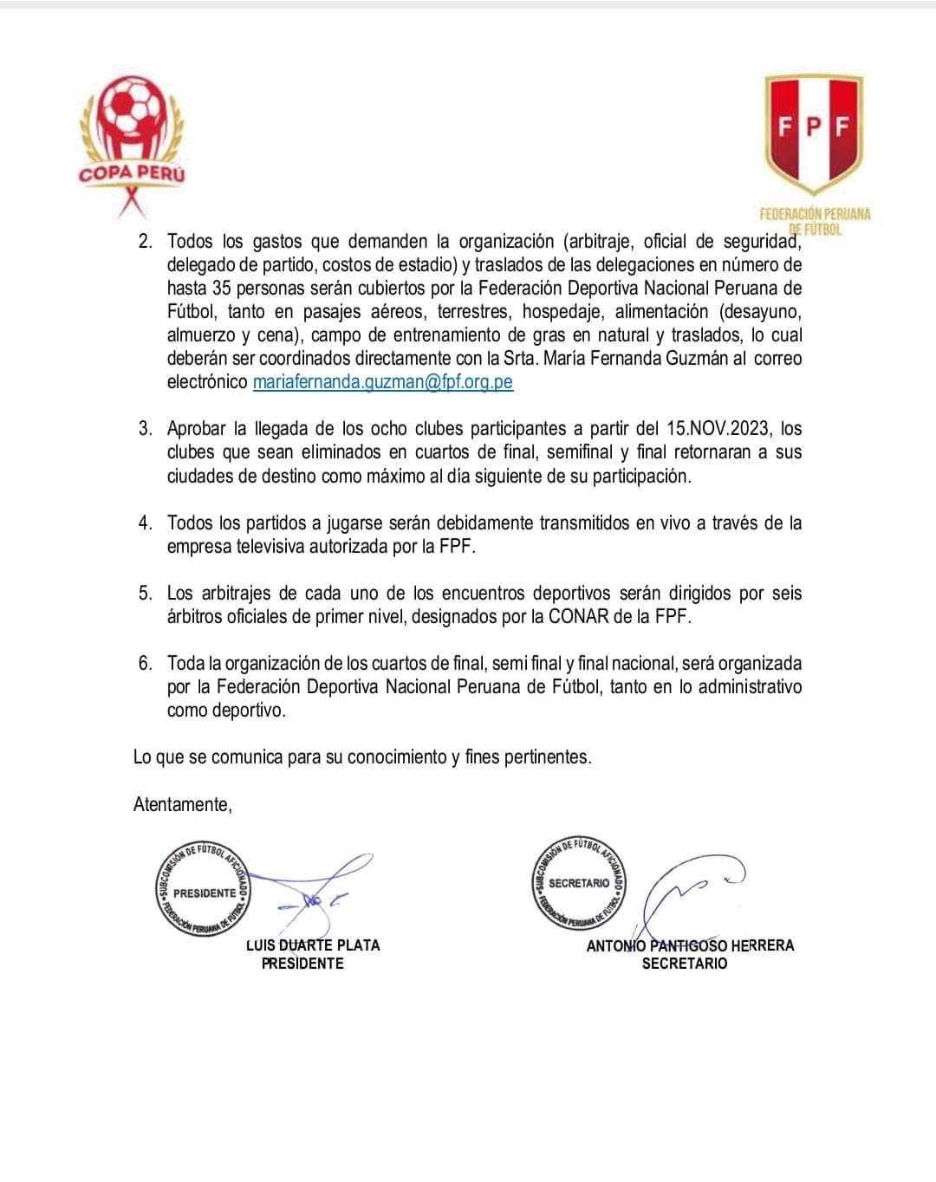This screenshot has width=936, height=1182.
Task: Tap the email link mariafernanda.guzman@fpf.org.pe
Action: pyautogui.click(x=383, y=382)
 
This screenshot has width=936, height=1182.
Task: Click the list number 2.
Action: pyautogui.click(x=144, y=242)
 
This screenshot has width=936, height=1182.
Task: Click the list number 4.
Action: pyautogui.click(x=144, y=523)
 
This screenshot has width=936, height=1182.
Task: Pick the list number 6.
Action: pyautogui.click(x=144, y=664)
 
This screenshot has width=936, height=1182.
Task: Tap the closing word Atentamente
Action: pyautogui.click(x=182, y=804)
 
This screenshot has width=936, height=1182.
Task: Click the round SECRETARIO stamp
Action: pyautogui.click(x=579, y=884)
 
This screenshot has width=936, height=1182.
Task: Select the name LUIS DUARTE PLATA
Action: pyautogui.click(x=313, y=945)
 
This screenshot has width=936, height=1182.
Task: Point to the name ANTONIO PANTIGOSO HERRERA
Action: pyautogui.click(x=690, y=945)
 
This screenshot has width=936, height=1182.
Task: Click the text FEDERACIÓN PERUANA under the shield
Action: pyautogui.click(x=815, y=214)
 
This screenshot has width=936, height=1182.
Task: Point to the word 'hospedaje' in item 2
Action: pyautogui.click(x=564, y=312)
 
